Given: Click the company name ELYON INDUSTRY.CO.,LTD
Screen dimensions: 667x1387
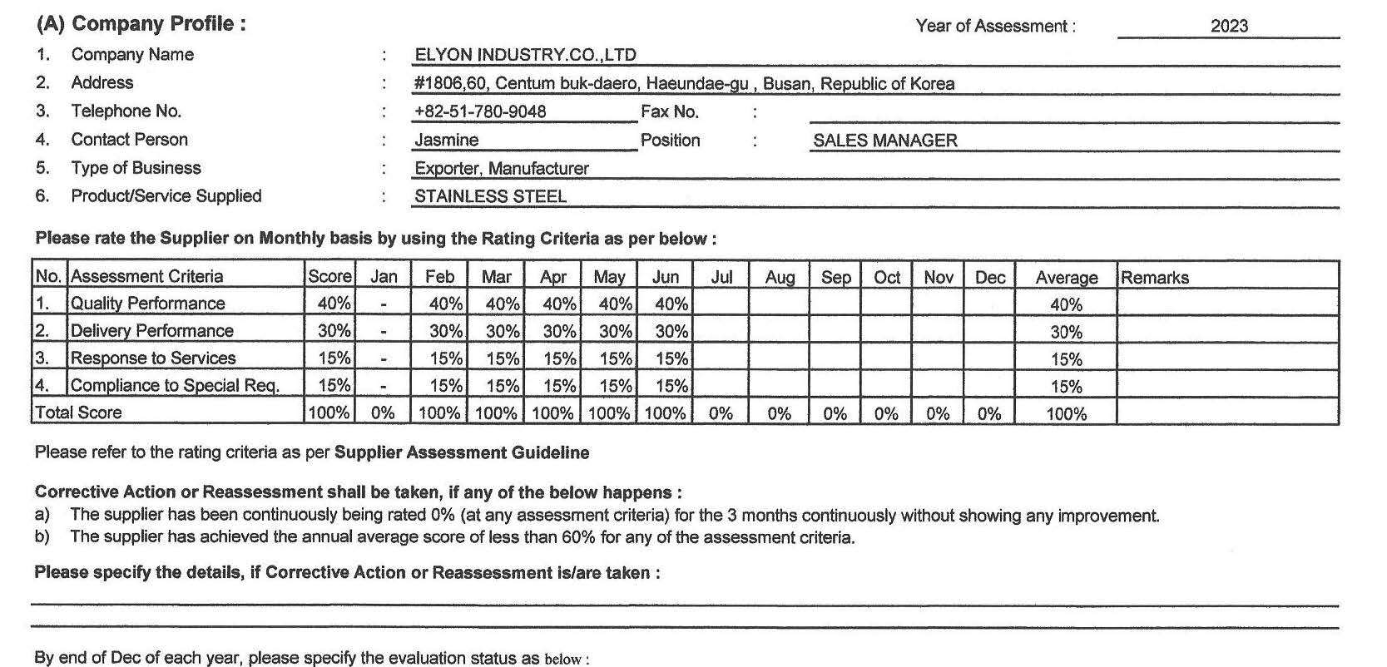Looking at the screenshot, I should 525,55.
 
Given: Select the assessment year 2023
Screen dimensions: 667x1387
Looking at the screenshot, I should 1229,26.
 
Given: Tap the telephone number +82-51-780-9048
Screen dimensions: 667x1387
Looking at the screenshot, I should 480,111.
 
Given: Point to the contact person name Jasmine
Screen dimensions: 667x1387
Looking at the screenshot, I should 447,141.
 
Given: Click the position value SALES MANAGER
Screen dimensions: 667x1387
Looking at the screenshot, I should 885,141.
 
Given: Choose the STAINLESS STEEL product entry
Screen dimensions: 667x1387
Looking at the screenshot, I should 490,196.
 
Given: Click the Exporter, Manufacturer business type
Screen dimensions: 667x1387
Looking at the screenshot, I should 502,168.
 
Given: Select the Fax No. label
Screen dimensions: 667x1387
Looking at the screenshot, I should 670,111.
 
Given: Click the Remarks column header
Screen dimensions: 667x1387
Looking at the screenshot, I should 1155,278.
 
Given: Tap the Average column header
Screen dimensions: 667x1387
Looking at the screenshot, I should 1066,278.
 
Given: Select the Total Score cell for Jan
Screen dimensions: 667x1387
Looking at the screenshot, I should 383,413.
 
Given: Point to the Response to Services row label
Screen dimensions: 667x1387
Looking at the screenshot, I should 153,358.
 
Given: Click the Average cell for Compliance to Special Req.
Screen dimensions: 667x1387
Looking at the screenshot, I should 1066,387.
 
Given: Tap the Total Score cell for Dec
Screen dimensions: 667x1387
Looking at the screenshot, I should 989,413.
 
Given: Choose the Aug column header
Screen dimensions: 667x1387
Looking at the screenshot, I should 780,278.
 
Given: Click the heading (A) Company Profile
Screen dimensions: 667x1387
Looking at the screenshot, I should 141,23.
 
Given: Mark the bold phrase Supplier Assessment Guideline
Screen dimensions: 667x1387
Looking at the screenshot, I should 462,452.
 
